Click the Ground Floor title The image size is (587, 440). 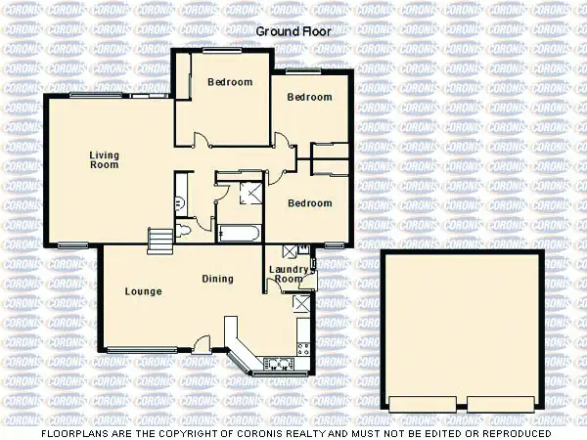[293, 31]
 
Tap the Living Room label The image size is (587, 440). [104, 159]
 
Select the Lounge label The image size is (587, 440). [143, 291]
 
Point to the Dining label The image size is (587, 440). [217, 279]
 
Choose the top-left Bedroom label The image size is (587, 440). [230, 82]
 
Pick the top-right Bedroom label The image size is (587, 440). [309, 97]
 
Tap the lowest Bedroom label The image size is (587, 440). [309, 203]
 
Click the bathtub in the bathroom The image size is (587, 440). [239, 233]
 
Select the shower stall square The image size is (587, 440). [249, 192]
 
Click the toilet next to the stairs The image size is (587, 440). [186, 231]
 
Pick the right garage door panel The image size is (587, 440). [501, 402]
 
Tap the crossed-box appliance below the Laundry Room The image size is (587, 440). [302, 304]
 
